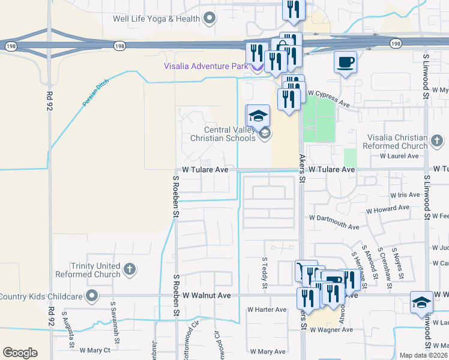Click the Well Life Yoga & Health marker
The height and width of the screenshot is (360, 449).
click(209, 19)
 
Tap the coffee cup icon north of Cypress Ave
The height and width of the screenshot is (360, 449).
click(345, 62)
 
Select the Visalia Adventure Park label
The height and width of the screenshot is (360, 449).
click(206, 66)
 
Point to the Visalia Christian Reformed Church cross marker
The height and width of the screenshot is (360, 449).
click(437, 142)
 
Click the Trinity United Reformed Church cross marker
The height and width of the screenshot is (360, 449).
click(130, 270)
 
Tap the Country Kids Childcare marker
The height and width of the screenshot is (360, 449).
click(91, 296)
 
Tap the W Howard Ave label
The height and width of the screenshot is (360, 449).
click(388, 209)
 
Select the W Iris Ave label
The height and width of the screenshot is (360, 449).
click(405, 195)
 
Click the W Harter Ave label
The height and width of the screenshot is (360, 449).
click(267, 310)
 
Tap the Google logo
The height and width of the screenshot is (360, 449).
click(20, 352)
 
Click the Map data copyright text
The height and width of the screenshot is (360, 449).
click(423, 355)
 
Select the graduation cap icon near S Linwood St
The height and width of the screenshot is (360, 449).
click(421, 303)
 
